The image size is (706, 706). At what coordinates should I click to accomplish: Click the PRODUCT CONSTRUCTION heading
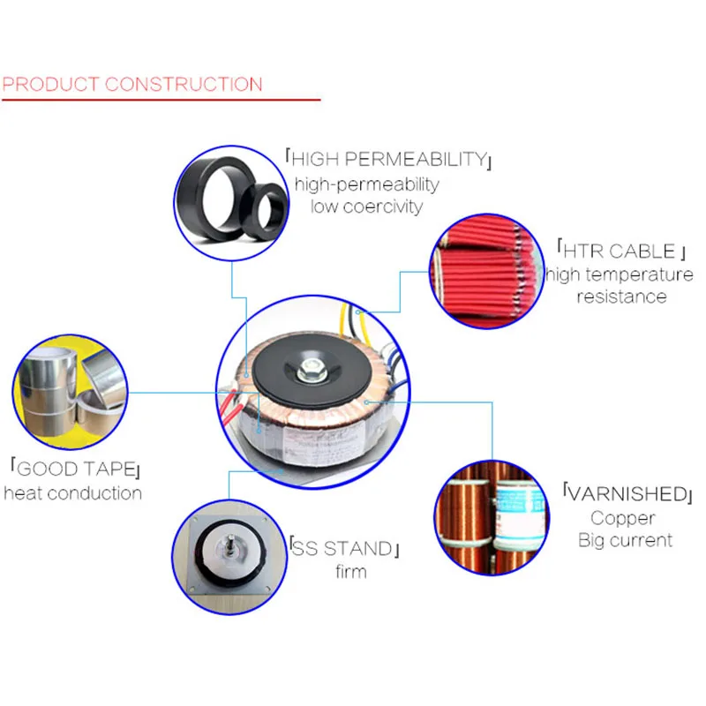(131, 85)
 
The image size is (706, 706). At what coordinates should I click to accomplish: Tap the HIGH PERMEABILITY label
(388, 159)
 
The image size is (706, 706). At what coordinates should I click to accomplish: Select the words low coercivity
(366, 207)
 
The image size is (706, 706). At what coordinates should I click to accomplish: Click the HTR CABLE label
(621, 251)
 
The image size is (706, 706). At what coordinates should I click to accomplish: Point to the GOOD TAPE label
(76, 469)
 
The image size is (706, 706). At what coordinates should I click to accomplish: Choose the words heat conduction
(73, 493)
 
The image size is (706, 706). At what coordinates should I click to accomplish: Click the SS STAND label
(344, 548)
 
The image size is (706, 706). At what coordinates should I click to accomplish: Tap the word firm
(351, 572)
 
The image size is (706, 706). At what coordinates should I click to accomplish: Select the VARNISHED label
(627, 493)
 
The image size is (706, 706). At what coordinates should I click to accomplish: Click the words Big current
(626, 540)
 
